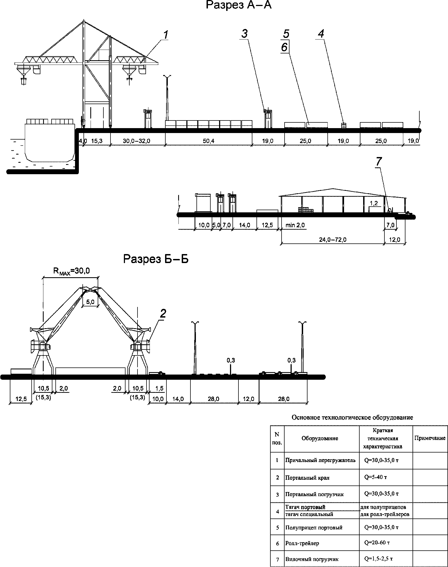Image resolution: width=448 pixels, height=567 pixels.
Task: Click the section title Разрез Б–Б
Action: pyautogui.click(x=156, y=259)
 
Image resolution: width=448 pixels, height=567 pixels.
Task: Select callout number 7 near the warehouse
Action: pyautogui.click(x=379, y=162)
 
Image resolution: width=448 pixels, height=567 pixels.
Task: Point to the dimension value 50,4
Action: pyautogui.click(x=208, y=141)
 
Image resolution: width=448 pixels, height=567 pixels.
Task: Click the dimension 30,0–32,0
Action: pyautogui.click(x=136, y=141)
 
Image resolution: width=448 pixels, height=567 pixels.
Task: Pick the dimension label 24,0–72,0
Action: pyautogui.click(x=333, y=240)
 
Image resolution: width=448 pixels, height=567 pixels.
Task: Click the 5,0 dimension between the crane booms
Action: pyautogui.click(x=90, y=302)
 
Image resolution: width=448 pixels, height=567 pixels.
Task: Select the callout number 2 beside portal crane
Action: pyautogui.click(x=163, y=314)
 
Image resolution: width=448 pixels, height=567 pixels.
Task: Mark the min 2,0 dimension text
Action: pyautogui.click(x=295, y=225)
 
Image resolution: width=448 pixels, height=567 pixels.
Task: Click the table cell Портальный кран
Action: pyautogui.click(x=307, y=478)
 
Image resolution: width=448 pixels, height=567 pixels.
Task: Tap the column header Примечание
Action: pyautogui.click(x=430, y=438)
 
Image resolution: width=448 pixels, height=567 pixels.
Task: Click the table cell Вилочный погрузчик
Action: pyautogui.click(x=312, y=559)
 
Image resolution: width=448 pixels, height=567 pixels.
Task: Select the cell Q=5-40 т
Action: pyautogui.click(x=375, y=477)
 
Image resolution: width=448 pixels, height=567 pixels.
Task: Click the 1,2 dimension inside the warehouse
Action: pyautogui.click(x=374, y=203)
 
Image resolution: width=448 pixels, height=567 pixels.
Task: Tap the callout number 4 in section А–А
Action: pyautogui.click(x=321, y=34)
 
